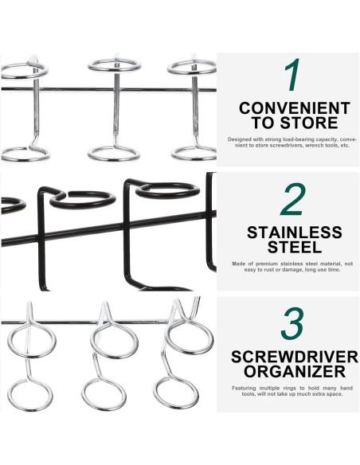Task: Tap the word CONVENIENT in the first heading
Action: pyautogui.click(x=294, y=107)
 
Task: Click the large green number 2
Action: pyautogui.click(x=292, y=200)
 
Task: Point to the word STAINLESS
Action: pyautogui.click(x=294, y=233)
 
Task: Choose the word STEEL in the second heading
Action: pyautogui.click(x=294, y=248)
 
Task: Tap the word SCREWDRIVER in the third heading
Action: pyautogui.click(x=294, y=357)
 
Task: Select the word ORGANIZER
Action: pyautogui.click(x=294, y=372)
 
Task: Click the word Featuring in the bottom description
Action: pyautogui.click(x=247, y=388)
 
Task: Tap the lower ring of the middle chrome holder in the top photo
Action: pyautogui.click(x=114, y=153)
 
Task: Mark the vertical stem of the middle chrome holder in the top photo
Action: pyautogui.click(x=115, y=111)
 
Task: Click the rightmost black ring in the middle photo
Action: pyautogui.click(x=167, y=190)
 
